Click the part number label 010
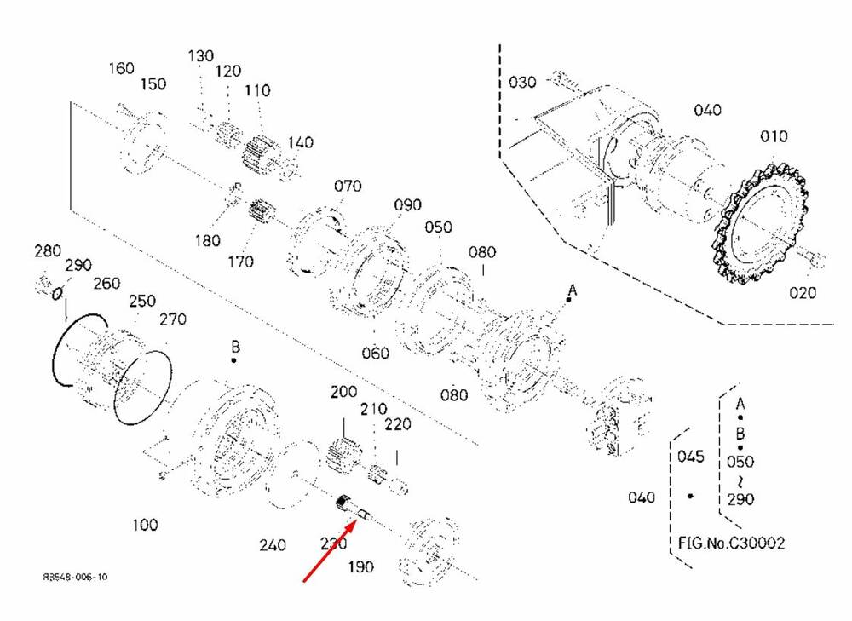pos(774,136)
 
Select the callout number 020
pos(802,292)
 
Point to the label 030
pos(522,83)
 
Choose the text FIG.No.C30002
pos(732,543)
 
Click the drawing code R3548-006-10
pos(76,578)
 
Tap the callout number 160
pos(122,68)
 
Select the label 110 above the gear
pos(256,90)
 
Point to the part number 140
pos(301,141)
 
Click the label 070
pos(348,186)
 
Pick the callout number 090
pos(407,206)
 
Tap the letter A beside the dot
pos(573,290)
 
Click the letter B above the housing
pos(235,347)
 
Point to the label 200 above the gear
pos(343,393)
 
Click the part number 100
pos(145,525)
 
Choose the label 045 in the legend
pos(691,457)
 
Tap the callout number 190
pos(360,567)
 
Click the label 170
pos(241,262)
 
